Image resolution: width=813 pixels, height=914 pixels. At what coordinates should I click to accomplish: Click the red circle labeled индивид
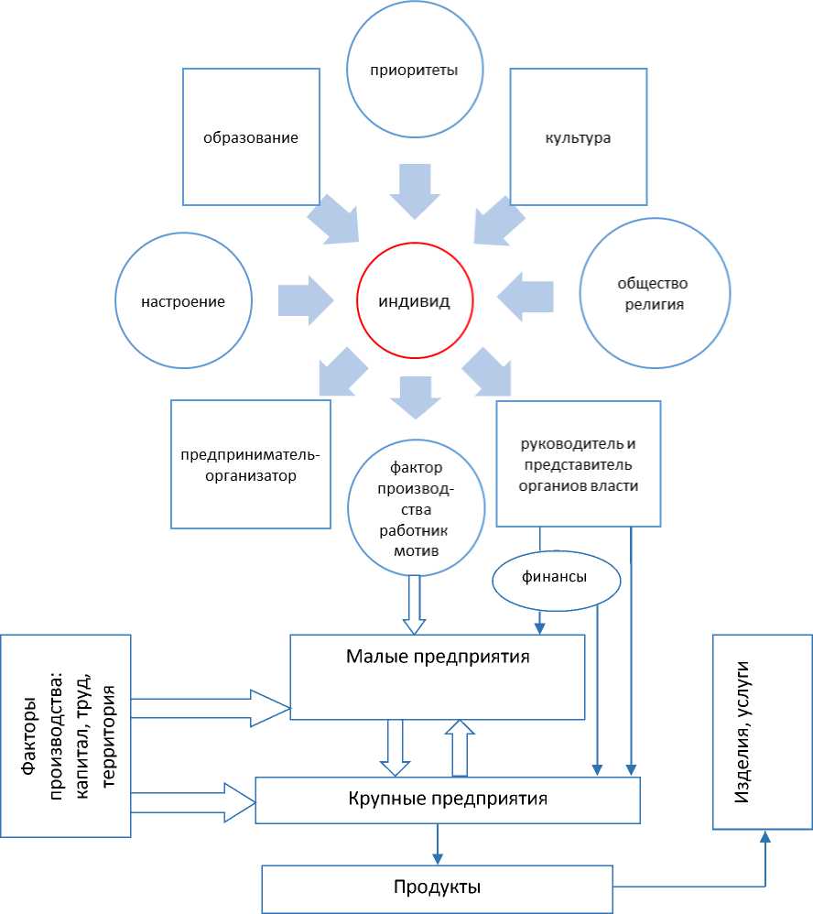tap(415, 301)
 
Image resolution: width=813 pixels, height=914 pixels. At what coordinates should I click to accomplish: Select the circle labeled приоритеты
tap(415, 70)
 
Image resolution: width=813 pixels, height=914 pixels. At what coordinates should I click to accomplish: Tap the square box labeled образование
tap(251, 137)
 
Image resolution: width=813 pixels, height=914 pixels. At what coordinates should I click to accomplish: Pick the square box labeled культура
tap(578, 137)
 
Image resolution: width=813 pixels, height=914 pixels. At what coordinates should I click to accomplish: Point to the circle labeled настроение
tap(183, 300)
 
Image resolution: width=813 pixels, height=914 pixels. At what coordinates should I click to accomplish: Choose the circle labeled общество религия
tap(656, 294)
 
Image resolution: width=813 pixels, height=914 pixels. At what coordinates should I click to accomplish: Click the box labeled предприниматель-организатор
tap(251, 463)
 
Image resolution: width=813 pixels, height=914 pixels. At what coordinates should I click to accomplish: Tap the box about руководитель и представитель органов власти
tap(578, 463)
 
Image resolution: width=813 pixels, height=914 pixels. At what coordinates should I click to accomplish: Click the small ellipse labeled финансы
tap(555, 578)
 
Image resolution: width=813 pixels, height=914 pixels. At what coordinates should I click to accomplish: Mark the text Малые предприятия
tap(439, 657)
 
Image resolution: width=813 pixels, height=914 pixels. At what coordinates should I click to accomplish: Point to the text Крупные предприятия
tap(448, 799)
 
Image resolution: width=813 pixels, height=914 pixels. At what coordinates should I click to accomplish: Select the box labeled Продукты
tap(438, 887)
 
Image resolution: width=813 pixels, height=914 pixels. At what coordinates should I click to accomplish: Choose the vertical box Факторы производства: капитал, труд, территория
tap(66, 734)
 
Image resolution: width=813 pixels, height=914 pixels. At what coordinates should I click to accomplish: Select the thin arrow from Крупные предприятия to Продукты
tap(438, 843)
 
